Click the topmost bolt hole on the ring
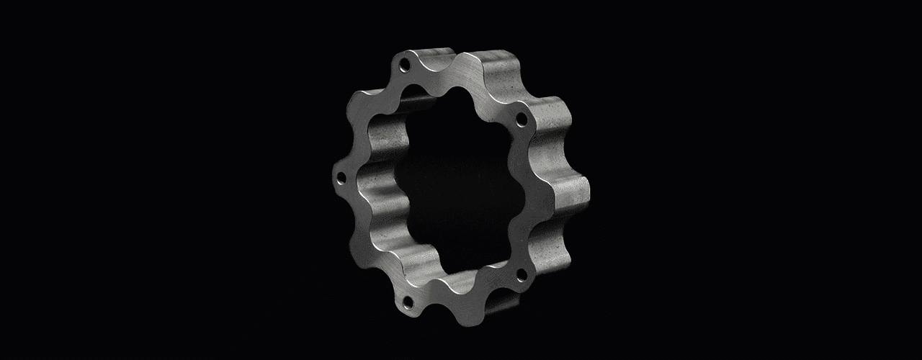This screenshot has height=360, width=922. pos(405,66)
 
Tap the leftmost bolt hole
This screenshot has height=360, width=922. pos(341,176)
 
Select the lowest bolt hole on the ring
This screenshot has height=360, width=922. pos(408,300)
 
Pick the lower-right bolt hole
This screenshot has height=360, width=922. pos(522,274)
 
